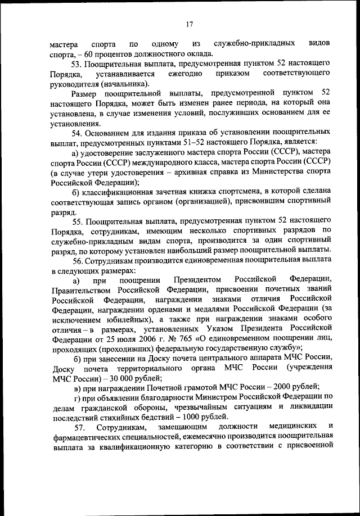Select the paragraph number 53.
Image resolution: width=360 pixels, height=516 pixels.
pyautogui.click(x=78, y=64)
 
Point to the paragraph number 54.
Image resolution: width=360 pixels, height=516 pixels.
pyautogui.click(x=78, y=133)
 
